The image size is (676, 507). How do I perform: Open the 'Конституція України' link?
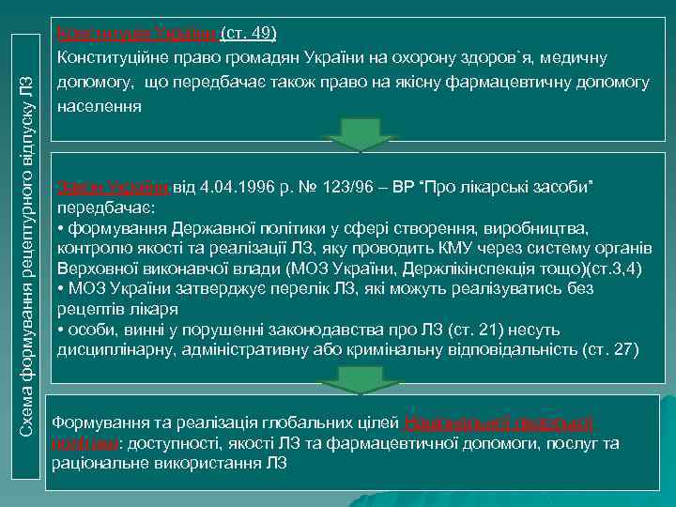point(138,35)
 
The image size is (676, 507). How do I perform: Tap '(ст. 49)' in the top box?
point(249,35)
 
